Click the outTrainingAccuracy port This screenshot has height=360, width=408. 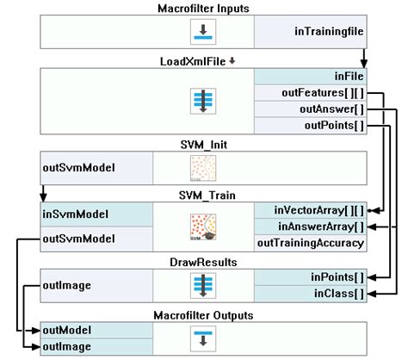[x=311, y=243]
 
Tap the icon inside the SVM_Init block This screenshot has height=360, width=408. [x=203, y=168]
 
